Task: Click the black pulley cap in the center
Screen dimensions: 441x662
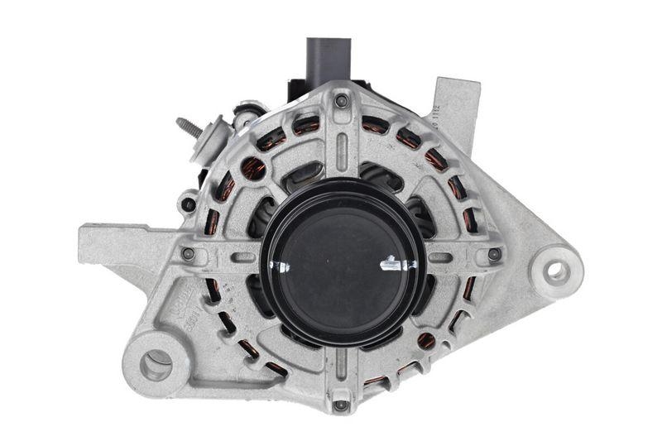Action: pos(343,263)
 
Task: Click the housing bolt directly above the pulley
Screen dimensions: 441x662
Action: pos(341,101)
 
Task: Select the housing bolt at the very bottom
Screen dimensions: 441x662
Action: pos(340,405)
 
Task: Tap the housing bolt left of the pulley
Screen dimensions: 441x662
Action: pos(189,254)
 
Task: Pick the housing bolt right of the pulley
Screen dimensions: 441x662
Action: pos(494,254)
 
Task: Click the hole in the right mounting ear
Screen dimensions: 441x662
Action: pos(557,271)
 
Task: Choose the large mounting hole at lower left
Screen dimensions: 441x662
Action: pos(156,363)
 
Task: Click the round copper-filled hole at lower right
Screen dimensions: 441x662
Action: pos(426,340)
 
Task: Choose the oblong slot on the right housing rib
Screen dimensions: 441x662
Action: pos(440,257)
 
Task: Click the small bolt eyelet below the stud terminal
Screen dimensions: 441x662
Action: pos(189,204)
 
